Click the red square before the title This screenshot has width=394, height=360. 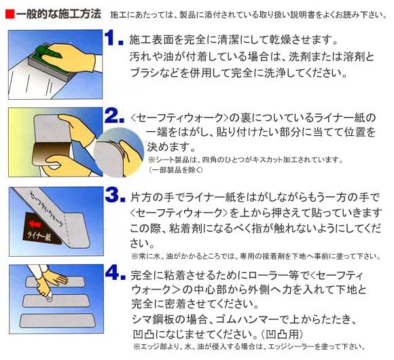pyautogui.click(x=8, y=14)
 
